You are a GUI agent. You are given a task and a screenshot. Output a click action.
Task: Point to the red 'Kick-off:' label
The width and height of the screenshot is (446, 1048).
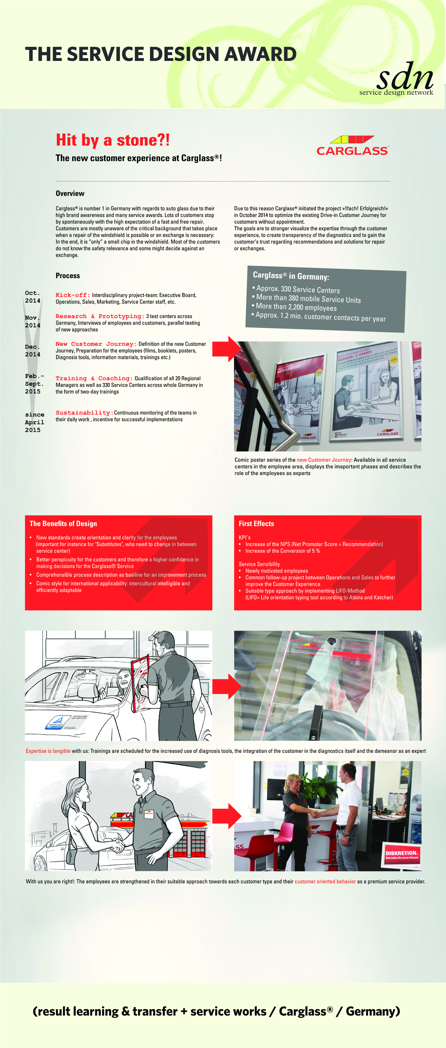tap(73, 295)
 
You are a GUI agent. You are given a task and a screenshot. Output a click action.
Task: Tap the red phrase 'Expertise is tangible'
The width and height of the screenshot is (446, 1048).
tap(48, 751)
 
